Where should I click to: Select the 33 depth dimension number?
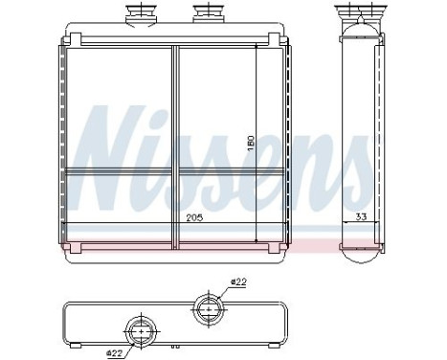361,216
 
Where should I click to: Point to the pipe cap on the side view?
362,13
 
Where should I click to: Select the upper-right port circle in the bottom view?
206,307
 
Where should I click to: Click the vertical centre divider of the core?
175,144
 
